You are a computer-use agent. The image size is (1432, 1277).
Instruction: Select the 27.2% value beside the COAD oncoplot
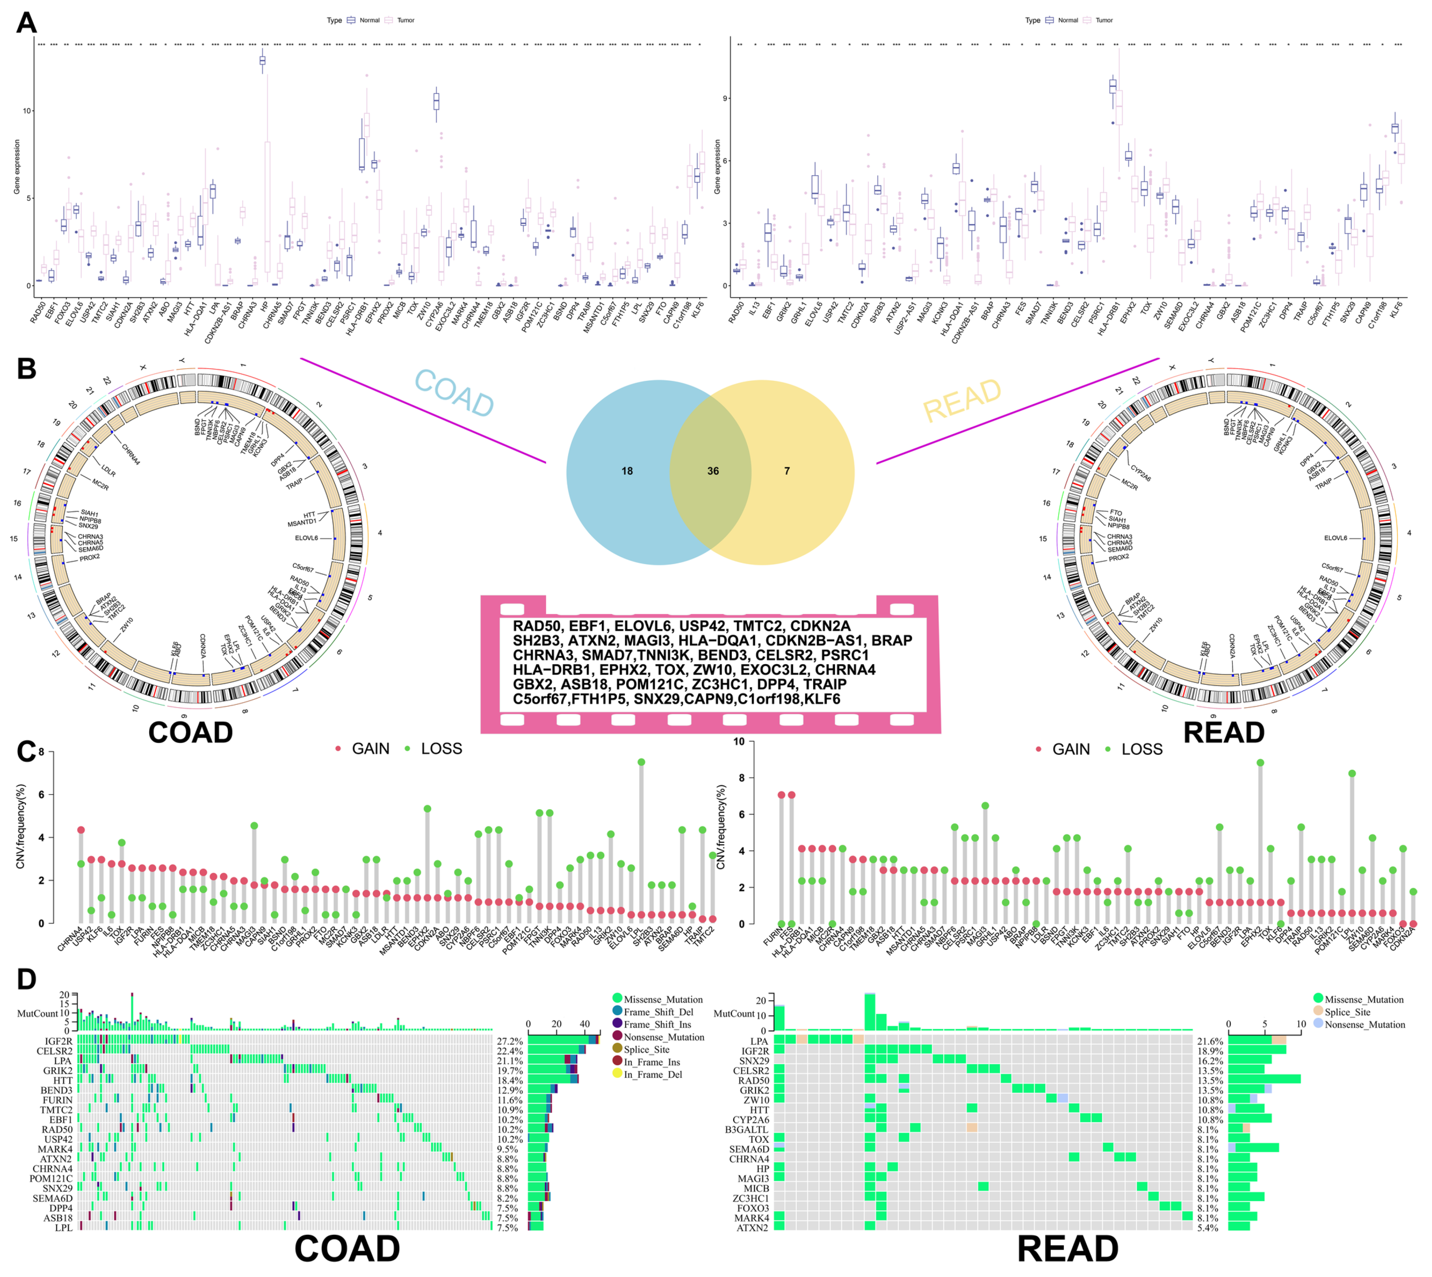click(x=510, y=1041)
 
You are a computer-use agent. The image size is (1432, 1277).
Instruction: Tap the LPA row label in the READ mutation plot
click(x=759, y=1041)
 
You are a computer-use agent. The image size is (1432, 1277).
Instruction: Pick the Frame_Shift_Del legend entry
click(x=658, y=1012)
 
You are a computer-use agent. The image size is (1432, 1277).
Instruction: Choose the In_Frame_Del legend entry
click(x=653, y=1074)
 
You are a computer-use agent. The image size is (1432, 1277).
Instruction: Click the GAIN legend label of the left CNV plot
click(x=371, y=749)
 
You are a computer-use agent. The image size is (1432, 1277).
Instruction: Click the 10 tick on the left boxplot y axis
click(x=27, y=111)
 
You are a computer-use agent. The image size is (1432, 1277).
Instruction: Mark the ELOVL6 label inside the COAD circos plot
click(x=307, y=538)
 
